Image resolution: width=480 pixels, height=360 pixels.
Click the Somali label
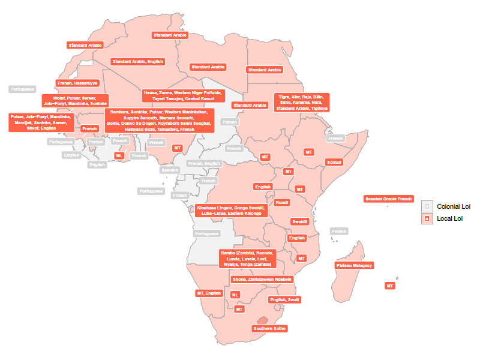tap(334, 162)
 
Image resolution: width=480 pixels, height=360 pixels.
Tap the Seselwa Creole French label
tap(389, 199)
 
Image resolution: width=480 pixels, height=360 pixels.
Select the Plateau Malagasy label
tap(354, 265)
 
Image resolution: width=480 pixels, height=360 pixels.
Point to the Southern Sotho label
tap(269, 329)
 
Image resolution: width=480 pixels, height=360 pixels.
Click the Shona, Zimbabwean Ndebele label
tap(262, 280)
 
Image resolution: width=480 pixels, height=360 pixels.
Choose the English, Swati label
tap(284, 300)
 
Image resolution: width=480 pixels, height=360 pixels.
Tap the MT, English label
tap(209, 293)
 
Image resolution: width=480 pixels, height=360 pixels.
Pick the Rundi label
tap(282, 202)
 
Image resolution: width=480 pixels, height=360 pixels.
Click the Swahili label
tap(300, 221)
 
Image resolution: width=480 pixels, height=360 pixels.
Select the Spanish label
tap(170, 170)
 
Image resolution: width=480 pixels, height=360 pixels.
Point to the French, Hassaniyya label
tap(77, 83)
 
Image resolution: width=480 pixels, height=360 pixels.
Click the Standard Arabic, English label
tap(137, 62)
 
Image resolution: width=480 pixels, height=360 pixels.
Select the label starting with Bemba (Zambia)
tap(248, 259)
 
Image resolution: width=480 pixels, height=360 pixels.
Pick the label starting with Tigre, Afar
tap(302, 103)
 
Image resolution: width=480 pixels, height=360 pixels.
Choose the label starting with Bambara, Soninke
tap(159, 121)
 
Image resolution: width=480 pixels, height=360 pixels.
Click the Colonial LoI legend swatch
tap(427, 206)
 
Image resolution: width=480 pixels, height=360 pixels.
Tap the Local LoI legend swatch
tap(427, 218)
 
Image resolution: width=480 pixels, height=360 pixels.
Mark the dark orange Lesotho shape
tap(263, 320)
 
